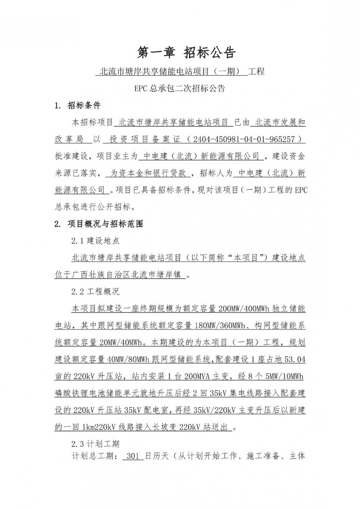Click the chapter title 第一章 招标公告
pos(186,53)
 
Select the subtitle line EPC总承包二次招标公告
pos(180,88)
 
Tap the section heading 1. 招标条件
pos(77,105)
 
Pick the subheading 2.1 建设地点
pos(95,241)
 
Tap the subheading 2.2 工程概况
pos(95,292)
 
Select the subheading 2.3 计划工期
pos(95,444)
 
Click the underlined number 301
pos(133,456)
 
